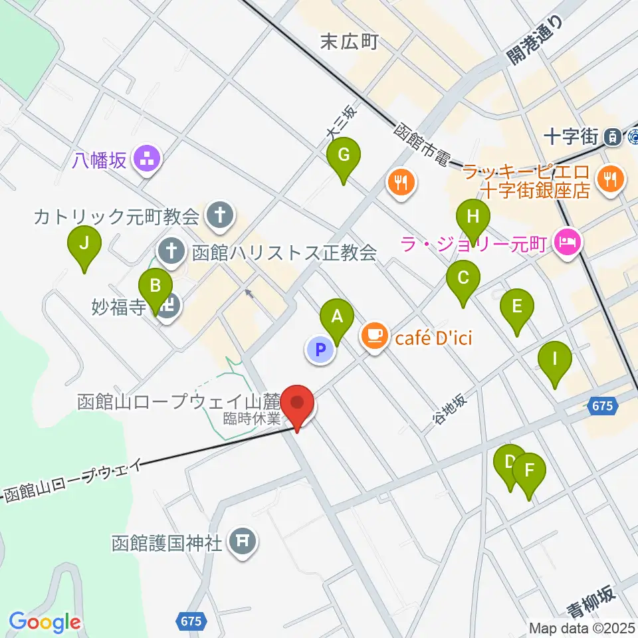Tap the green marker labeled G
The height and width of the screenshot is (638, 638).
(344, 156)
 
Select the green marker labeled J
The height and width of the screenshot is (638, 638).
(84, 244)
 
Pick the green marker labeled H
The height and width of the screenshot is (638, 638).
(473, 217)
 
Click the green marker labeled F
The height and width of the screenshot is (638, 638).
(529, 471)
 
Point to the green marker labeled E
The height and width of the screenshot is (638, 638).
(517, 308)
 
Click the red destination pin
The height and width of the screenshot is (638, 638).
(297, 403)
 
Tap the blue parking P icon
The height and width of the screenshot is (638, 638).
(320, 350)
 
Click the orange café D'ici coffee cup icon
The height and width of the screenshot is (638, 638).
(375, 336)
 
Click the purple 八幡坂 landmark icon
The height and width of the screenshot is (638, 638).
(145, 159)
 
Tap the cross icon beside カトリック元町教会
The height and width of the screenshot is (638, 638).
(219, 215)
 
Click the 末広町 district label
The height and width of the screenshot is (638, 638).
(349, 43)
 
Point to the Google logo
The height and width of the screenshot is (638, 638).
(45, 623)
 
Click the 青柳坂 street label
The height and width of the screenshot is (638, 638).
(590, 601)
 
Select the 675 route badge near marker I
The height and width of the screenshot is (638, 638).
(601, 405)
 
